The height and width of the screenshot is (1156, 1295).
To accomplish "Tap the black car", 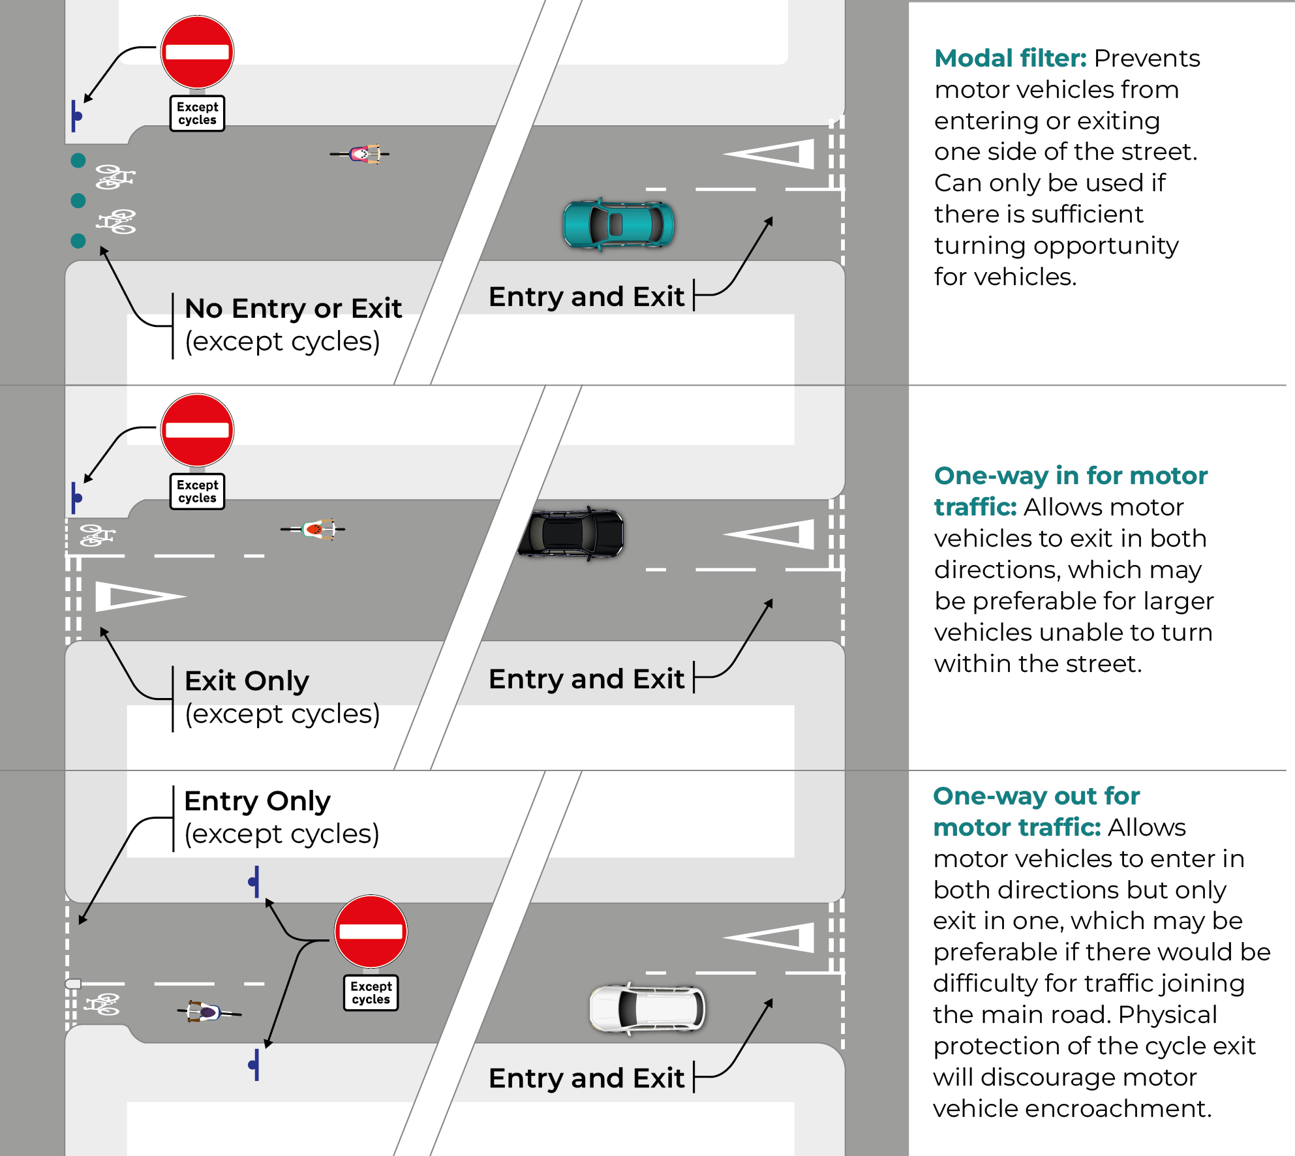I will coord(571,533).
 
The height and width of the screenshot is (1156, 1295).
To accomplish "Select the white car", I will coord(647,1008).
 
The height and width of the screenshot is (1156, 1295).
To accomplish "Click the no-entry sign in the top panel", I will coord(197,52).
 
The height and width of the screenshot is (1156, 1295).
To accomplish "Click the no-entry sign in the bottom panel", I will coord(371,932).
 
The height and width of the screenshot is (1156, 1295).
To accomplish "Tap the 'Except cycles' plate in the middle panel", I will coord(197,491).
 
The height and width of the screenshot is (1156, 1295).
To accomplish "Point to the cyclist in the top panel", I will coord(361,154).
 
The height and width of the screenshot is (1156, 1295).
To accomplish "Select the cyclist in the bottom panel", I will coord(207,1012).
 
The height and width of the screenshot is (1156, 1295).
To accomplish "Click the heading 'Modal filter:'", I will coord(1010,59).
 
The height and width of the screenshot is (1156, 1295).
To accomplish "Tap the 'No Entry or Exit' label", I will coord(293,309).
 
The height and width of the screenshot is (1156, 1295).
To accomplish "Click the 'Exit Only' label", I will coord(247,681).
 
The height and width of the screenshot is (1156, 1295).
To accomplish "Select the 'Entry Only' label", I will coord(257,801).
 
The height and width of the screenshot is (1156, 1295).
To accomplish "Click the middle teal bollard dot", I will coord(78,200).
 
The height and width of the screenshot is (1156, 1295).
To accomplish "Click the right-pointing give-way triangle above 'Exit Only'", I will coord(137,596).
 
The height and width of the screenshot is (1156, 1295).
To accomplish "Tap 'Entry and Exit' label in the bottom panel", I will coord(586,1078).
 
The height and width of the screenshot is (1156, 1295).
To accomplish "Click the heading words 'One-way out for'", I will coord(1036,797).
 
